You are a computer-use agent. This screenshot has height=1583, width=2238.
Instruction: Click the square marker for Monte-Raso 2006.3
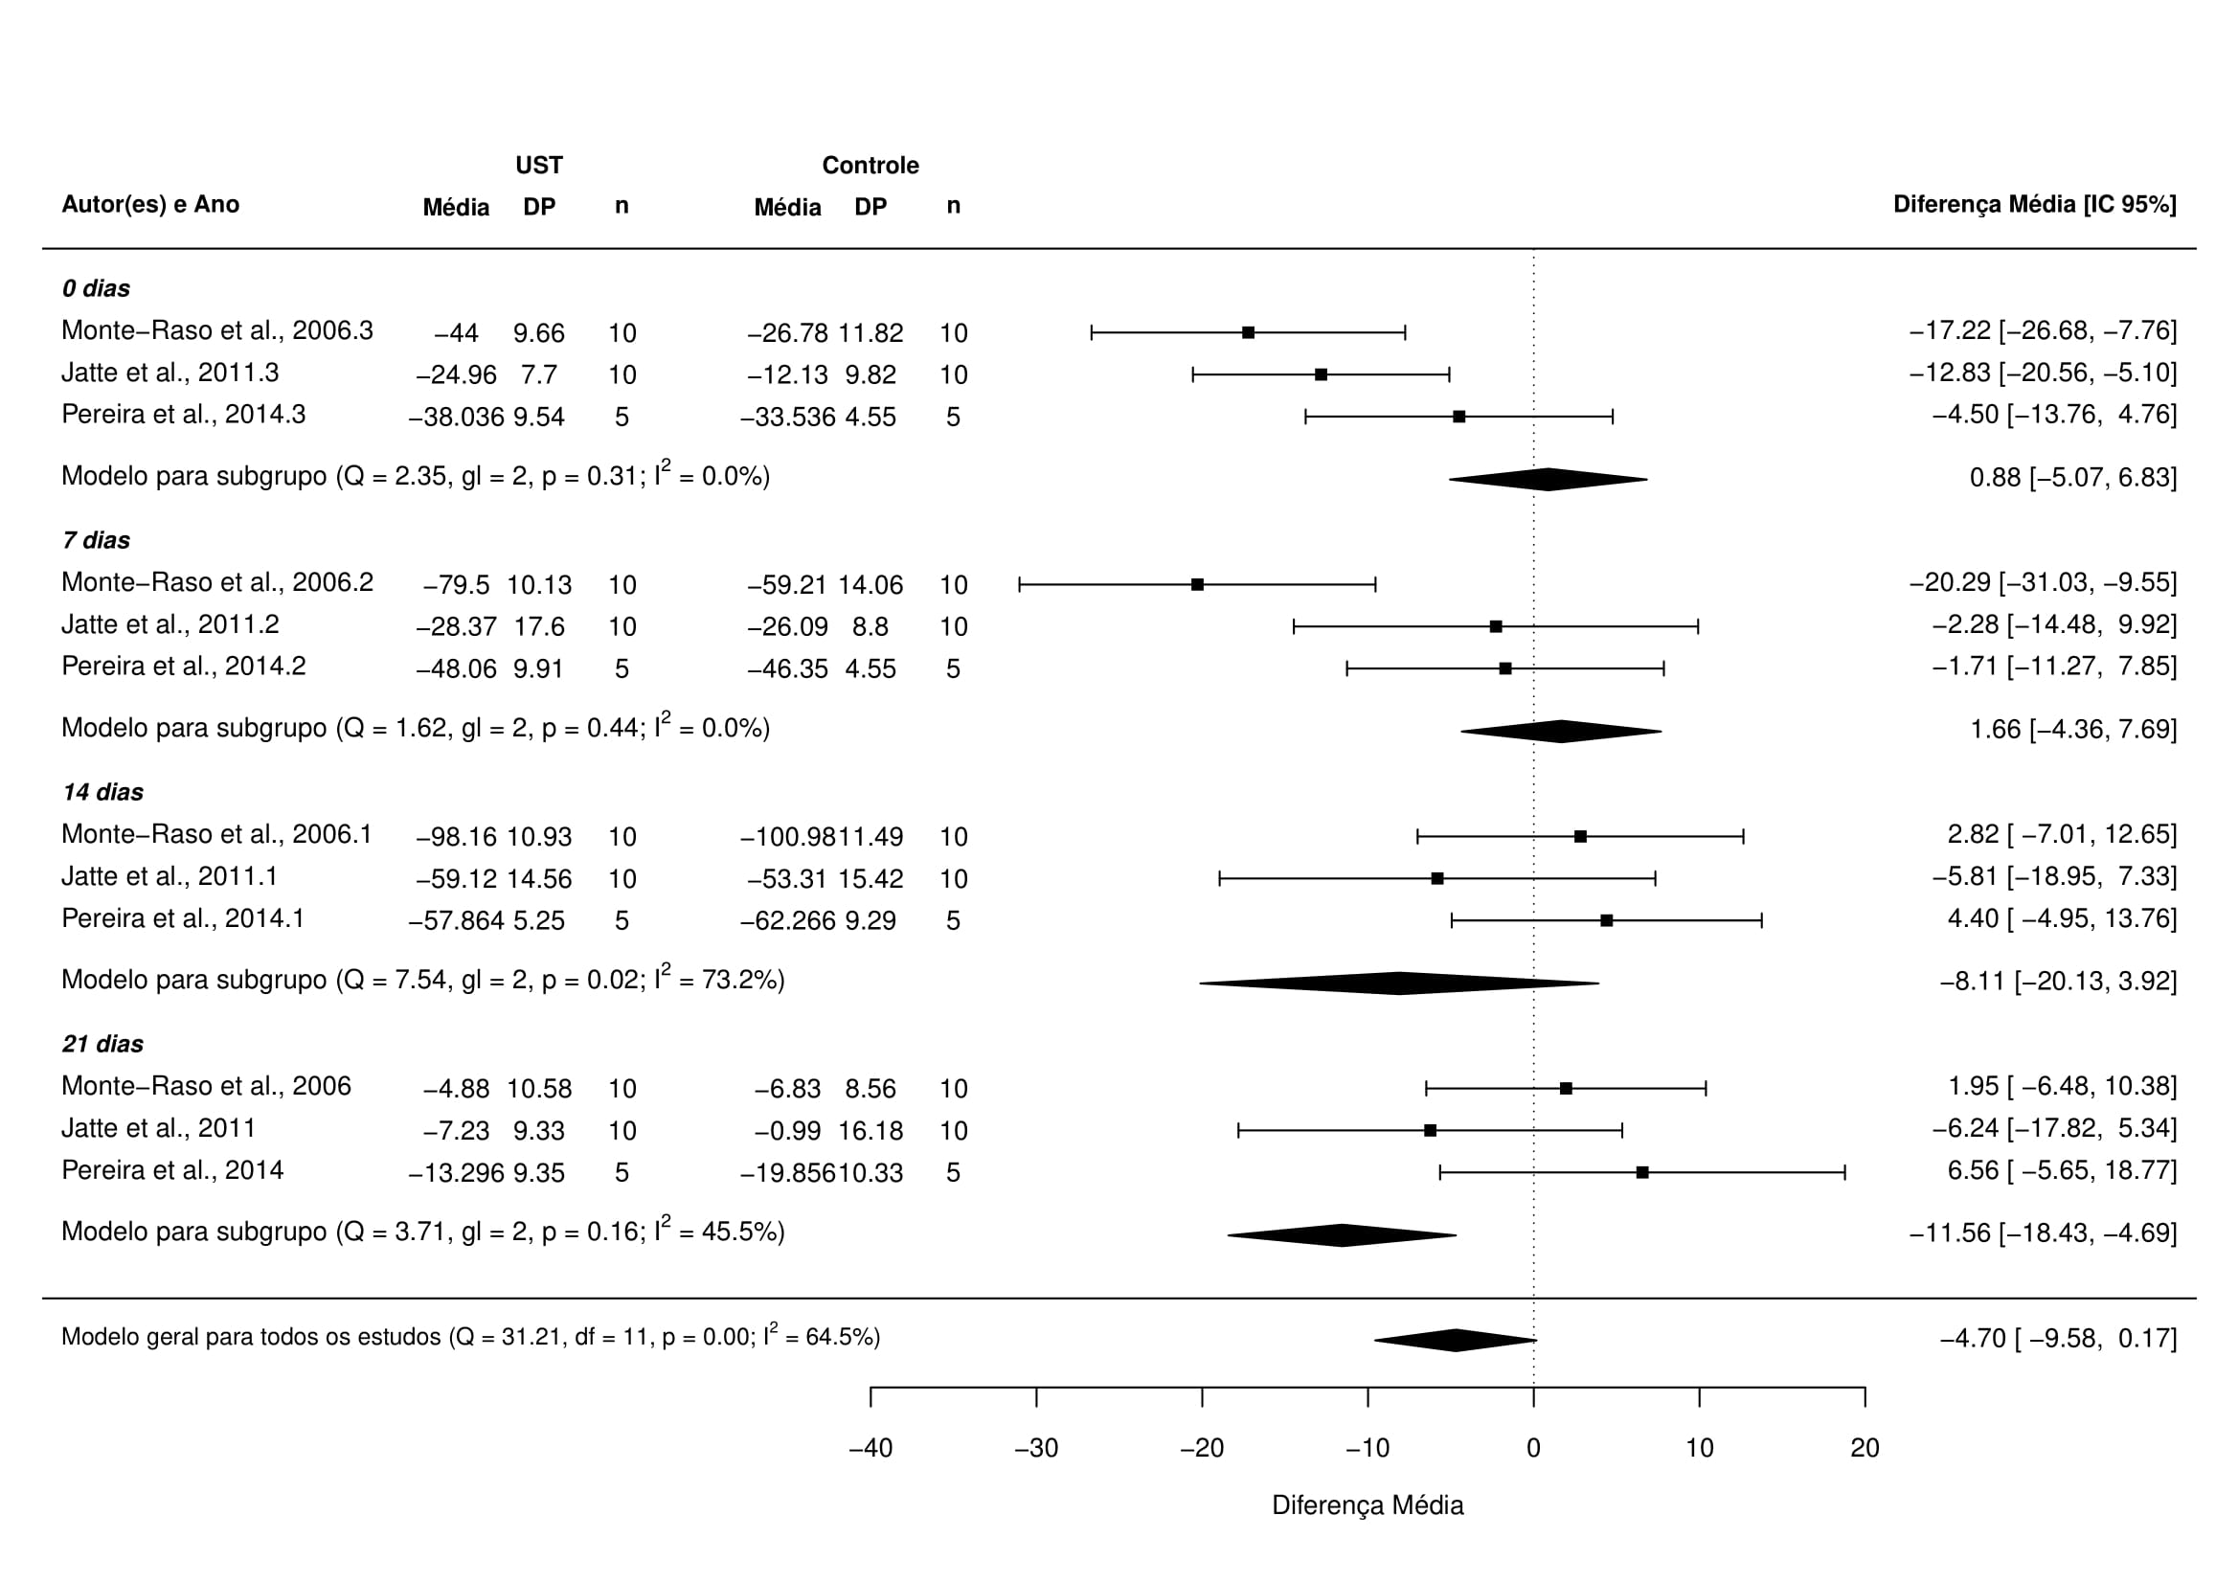(x=1248, y=332)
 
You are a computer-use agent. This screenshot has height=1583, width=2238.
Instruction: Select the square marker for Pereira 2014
(x=1642, y=1172)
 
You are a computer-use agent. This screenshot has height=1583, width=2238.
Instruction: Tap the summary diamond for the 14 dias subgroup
(x=1399, y=984)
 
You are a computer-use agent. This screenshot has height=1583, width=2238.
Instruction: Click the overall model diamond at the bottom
(x=1456, y=1341)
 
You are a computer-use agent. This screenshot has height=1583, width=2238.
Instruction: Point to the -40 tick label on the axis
(x=870, y=1449)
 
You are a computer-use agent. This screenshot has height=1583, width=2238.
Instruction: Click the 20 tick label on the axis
(x=1864, y=1449)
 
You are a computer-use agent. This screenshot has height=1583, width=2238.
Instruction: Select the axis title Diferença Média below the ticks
(x=1368, y=1506)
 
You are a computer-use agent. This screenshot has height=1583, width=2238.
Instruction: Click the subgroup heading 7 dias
(x=96, y=541)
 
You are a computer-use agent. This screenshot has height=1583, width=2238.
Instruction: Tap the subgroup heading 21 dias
(x=102, y=1045)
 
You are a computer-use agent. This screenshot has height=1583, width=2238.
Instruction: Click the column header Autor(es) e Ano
(x=150, y=205)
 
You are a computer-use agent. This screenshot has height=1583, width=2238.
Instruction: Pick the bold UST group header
(x=539, y=166)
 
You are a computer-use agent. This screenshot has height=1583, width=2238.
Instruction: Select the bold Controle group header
(x=870, y=166)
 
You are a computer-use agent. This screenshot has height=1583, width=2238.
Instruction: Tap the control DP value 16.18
(x=870, y=1132)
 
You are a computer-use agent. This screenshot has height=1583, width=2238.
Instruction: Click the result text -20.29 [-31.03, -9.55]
(x=2042, y=583)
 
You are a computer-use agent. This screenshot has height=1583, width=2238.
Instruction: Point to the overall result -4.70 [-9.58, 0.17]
(x=2058, y=1339)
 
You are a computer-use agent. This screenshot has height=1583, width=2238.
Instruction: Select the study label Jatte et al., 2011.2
(x=170, y=624)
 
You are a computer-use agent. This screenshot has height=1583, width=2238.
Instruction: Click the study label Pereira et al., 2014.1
(x=183, y=919)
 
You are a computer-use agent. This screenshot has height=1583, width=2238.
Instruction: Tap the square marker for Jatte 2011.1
(x=1436, y=879)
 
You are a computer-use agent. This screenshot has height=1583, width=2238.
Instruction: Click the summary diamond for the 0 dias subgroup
(x=1548, y=480)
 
